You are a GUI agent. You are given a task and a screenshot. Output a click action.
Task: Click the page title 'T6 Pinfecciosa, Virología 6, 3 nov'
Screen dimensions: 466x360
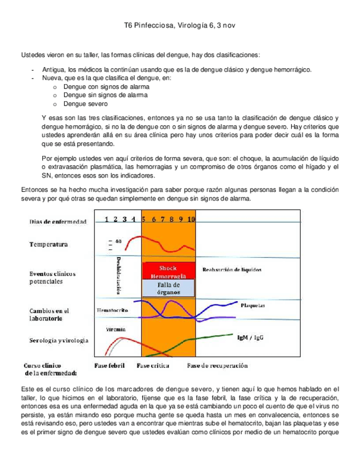point(180,26)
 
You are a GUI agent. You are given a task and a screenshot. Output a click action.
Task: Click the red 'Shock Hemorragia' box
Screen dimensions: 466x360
point(168,271)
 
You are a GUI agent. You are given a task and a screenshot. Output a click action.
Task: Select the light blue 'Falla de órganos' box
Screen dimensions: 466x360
point(168,289)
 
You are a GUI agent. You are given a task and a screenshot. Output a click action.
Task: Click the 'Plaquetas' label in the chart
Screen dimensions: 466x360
point(253,304)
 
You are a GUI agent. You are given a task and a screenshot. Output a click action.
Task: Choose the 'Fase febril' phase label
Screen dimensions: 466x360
point(110,365)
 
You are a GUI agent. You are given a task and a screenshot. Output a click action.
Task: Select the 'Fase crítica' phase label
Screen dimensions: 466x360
point(153,365)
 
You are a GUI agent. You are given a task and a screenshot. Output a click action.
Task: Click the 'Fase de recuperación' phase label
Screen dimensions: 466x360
point(217,365)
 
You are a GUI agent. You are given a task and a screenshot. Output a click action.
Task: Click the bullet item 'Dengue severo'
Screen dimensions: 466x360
point(86,104)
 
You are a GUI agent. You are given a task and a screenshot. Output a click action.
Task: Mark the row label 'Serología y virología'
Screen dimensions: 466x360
point(59,341)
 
